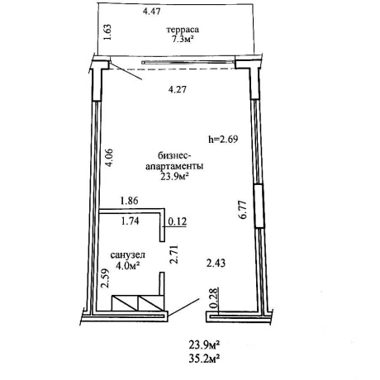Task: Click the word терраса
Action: (183, 30)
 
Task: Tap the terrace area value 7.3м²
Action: (183, 40)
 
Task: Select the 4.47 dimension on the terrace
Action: (152, 12)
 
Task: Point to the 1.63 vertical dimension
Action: (107, 32)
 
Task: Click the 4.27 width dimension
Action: (178, 89)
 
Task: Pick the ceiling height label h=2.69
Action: (223, 140)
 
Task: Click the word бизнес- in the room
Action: (174, 156)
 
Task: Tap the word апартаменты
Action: (174, 167)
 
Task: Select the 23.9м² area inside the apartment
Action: (174, 177)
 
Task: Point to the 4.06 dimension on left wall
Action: (109, 158)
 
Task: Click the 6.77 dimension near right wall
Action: (243, 210)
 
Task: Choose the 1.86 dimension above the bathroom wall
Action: (130, 201)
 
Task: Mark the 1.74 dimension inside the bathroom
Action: (131, 221)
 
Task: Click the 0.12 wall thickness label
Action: (178, 221)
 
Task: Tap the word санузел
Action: (128, 255)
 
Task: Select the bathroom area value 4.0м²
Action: (128, 266)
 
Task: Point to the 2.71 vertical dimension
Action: (174, 254)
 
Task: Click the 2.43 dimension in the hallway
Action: (216, 264)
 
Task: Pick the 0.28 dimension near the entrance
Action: (214, 298)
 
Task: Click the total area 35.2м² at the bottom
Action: (204, 359)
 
